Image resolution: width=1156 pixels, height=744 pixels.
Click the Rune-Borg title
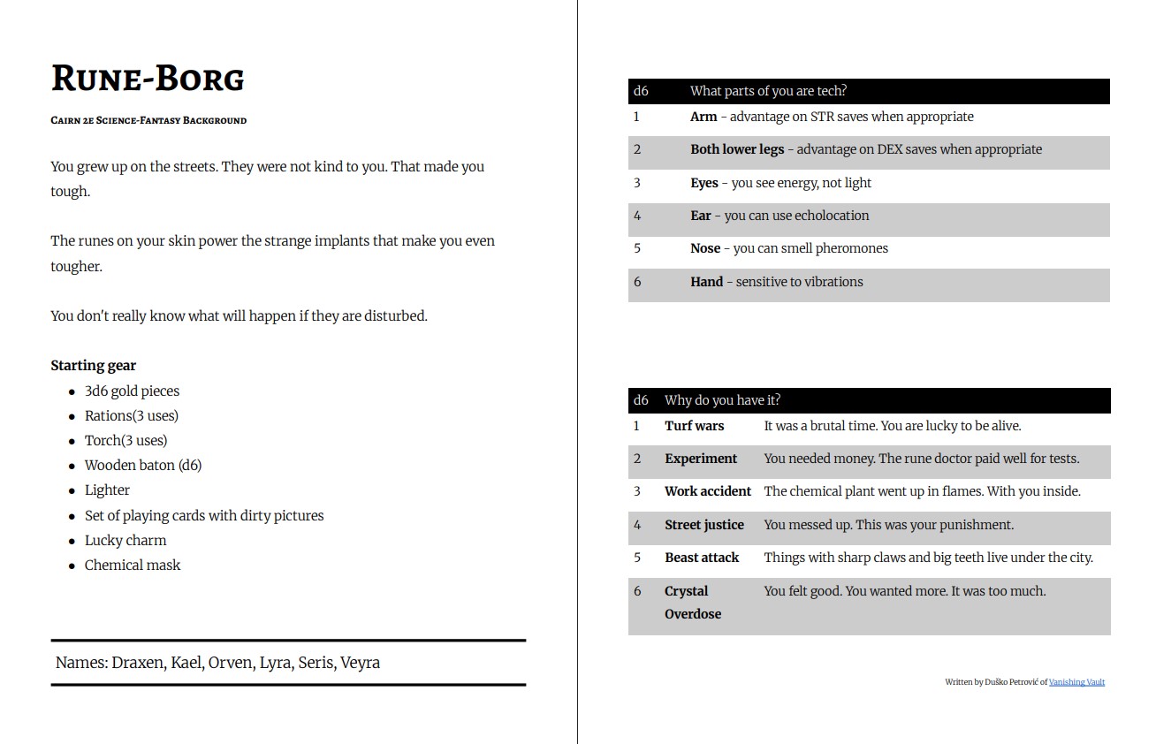pos(148,79)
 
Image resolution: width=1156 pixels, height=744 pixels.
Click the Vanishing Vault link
pos(1076,682)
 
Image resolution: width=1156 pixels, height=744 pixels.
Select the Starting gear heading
pos(93,366)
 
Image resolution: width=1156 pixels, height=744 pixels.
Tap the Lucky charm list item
pos(125,541)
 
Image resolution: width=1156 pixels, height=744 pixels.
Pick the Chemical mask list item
pos(133,566)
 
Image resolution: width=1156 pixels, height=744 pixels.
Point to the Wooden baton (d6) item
pos(143,466)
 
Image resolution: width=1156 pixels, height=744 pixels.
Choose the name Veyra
pos(361,663)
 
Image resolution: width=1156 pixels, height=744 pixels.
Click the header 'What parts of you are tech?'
pos(768,91)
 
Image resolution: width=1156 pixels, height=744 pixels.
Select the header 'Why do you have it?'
pos(722,400)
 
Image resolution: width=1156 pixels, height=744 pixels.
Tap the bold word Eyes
pos(704,183)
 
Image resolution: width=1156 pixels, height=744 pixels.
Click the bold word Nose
pos(705,248)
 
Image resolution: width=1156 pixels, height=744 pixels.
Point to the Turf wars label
pos(694,426)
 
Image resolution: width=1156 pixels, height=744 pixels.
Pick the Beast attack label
pos(702,558)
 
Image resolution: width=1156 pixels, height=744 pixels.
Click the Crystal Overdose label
pos(692,603)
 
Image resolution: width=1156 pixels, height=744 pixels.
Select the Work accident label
pos(708,491)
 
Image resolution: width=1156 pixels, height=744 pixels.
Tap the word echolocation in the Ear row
pos(832,216)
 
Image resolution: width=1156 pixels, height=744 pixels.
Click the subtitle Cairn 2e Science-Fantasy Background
pos(148,120)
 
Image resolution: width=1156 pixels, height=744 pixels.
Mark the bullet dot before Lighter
pos(72,491)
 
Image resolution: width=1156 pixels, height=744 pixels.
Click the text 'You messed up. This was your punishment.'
pos(888,525)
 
